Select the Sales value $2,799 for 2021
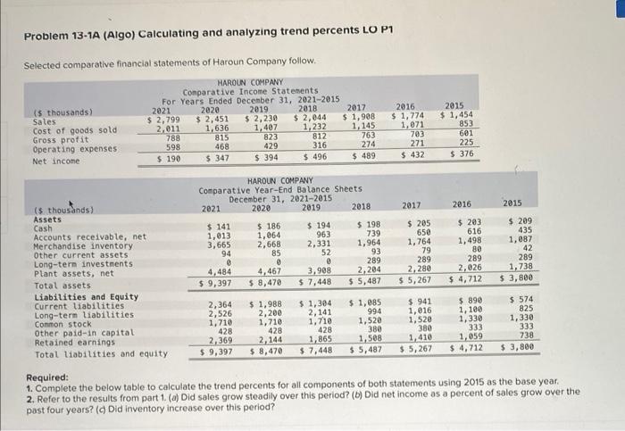164,120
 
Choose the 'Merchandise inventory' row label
76,245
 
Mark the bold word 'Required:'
46,378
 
